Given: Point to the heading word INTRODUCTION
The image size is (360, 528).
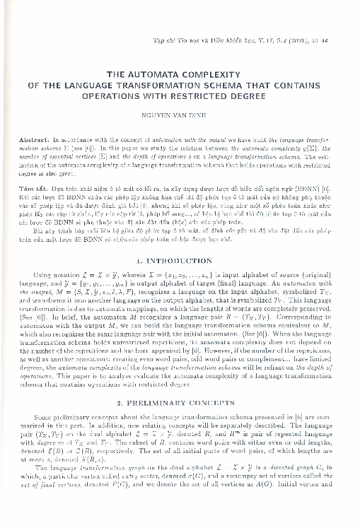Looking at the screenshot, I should click(x=187, y=242).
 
